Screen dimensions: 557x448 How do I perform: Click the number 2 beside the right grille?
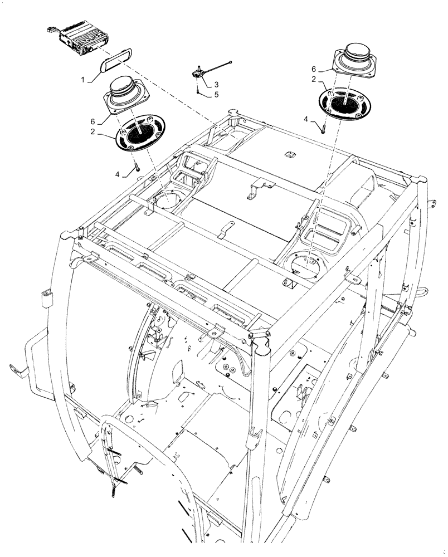pyautogui.click(x=314, y=80)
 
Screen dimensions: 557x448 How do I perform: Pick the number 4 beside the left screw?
pyautogui.click(x=118, y=174)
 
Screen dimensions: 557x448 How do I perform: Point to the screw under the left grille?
pyautogui.click(x=135, y=166)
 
